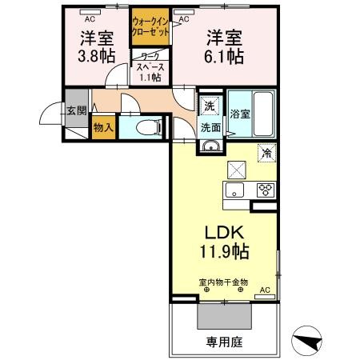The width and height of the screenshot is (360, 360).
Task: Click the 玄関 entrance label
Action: pyautogui.click(x=76, y=110)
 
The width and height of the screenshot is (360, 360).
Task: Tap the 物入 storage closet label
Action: pyautogui.click(x=103, y=127)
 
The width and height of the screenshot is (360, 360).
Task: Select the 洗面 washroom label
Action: pyautogui.click(x=210, y=126)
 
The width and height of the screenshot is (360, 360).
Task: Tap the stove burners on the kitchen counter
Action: pyautogui.click(x=264, y=190)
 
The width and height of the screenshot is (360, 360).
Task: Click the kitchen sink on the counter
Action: pyautogui.click(x=236, y=190)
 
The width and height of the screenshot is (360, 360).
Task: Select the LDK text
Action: pyautogui.click(x=225, y=232)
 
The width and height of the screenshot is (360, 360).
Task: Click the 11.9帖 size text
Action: pyautogui.click(x=225, y=252)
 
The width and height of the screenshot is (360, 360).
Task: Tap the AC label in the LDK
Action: pyautogui.click(x=264, y=290)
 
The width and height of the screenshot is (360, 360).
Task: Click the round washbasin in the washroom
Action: pyautogui.click(x=210, y=146)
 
